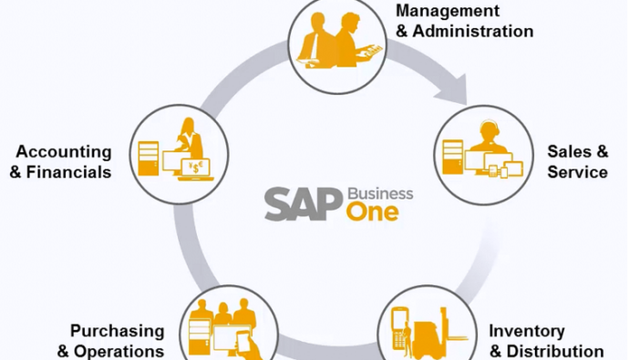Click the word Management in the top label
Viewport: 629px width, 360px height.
click(448, 11)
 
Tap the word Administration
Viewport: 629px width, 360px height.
click(473, 31)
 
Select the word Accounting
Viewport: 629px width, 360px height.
click(64, 152)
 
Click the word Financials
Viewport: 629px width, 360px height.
click(68, 172)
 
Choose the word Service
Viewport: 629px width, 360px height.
click(577, 172)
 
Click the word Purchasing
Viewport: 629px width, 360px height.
click(118, 332)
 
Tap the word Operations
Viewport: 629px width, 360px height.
click(119, 351)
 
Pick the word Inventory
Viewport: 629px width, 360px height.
click(527, 332)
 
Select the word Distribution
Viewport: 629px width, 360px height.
click(555, 351)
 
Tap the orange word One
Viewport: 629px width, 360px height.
click(373, 212)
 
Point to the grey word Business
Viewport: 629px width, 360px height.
click(380, 193)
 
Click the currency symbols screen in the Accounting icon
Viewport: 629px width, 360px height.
click(195, 168)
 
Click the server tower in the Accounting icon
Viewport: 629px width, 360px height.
click(148, 159)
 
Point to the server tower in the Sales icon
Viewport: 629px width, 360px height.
click(452, 157)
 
